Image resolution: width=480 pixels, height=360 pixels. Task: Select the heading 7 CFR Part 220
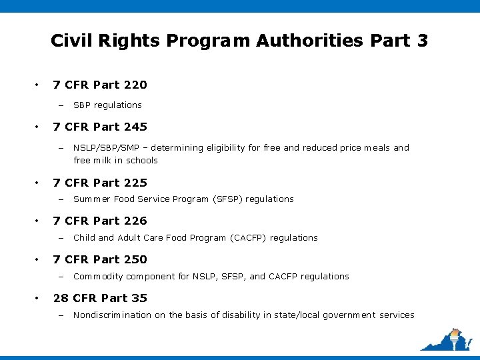(100, 85)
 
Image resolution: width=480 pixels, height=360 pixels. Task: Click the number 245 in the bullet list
(135, 127)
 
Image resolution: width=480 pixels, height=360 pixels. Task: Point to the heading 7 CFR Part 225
(100, 183)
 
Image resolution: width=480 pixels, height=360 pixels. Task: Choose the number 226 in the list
(135, 221)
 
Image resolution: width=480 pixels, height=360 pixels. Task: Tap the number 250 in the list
(135, 259)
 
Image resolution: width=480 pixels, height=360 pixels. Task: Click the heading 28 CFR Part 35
(100, 298)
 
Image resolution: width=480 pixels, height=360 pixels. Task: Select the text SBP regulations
(107, 105)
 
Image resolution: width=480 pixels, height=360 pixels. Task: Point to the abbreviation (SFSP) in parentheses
(228, 199)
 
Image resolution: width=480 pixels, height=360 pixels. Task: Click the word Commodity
(95, 276)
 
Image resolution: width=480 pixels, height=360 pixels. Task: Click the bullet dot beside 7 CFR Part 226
(37, 221)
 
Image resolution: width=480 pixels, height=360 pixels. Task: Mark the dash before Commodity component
(59, 277)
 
